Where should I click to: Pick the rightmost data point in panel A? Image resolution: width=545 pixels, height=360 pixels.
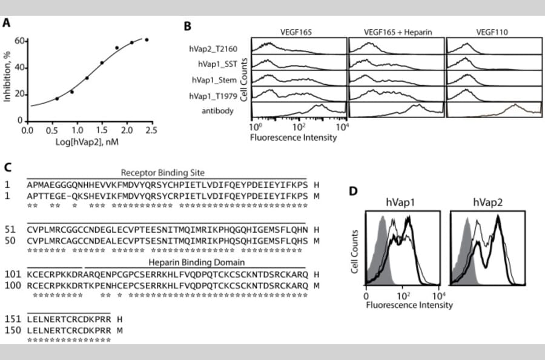point(147,40)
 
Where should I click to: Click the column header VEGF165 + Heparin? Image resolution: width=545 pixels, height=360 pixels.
point(397,32)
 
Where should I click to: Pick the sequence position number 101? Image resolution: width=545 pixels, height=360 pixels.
point(12,273)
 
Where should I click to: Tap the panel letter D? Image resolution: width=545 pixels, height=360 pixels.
point(356,192)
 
